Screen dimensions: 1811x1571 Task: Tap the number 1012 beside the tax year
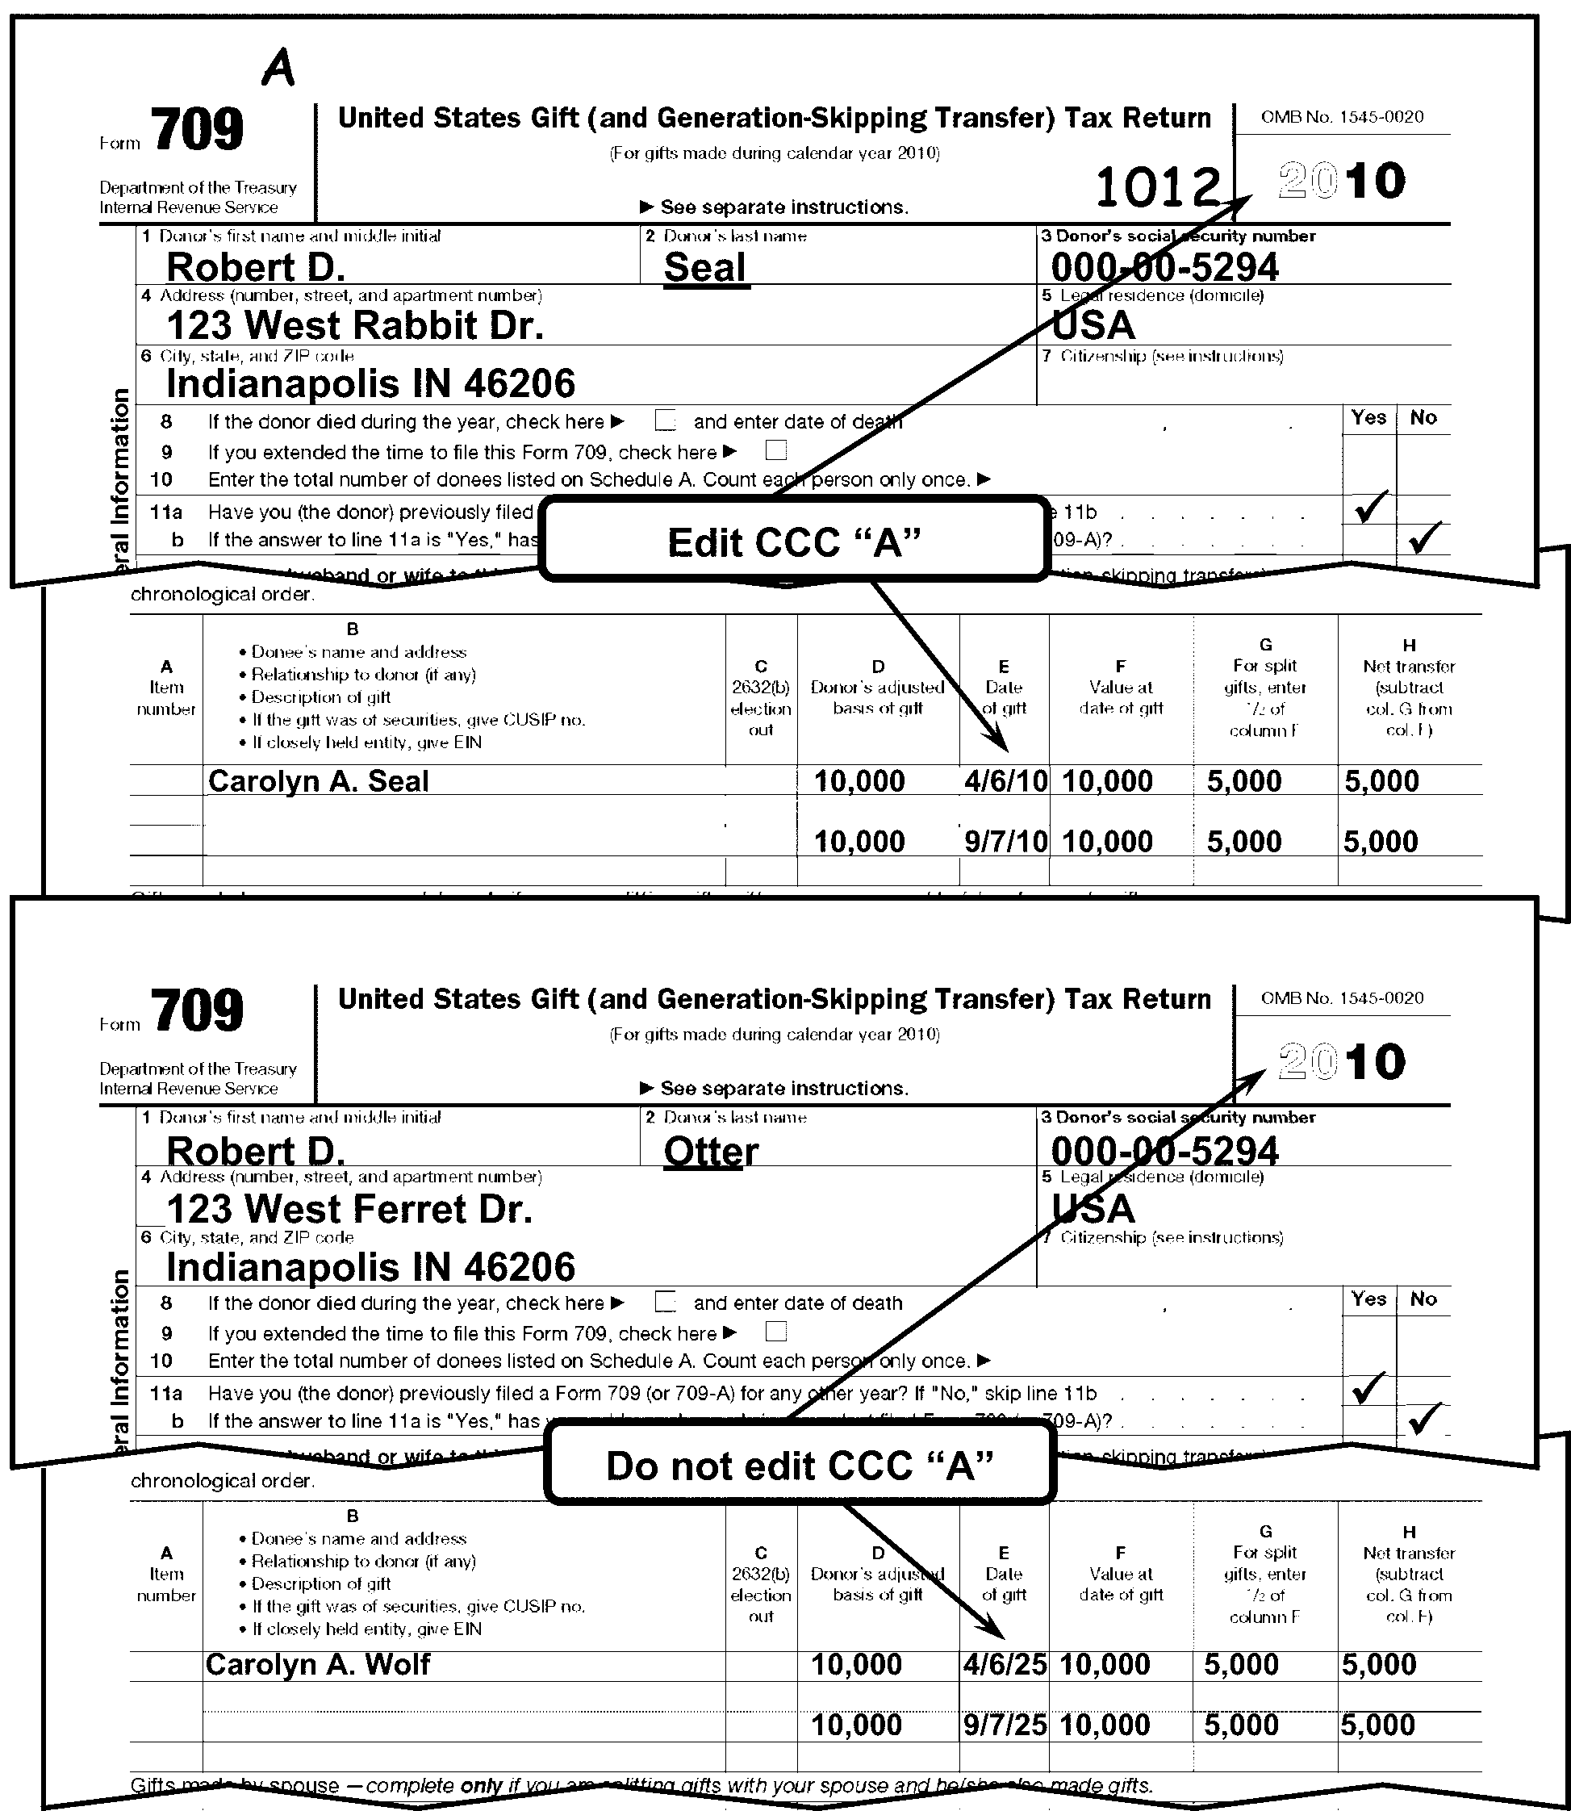click(x=1158, y=188)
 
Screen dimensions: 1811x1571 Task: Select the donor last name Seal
click(x=705, y=267)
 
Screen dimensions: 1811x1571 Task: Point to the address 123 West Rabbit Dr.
click(x=354, y=325)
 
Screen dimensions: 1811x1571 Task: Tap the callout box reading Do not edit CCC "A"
click(x=799, y=1466)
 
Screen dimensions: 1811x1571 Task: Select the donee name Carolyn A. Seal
click(x=318, y=780)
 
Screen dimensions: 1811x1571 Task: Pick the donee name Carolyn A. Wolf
click(x=317, y=1663)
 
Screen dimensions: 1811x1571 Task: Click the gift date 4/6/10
click(x=1005, y=780)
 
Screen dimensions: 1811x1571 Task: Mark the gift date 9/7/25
click(x=1005, y=1724)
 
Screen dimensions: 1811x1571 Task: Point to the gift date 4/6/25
click(x=1005, y=1663)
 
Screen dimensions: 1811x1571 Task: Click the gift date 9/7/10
click(x=1005, y=842)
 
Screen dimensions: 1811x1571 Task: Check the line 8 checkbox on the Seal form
click(x=666, y=422)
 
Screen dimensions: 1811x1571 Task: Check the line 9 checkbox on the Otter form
click(x=776, y=1332)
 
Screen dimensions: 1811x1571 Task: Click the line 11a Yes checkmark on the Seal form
click(x=1370, y=507)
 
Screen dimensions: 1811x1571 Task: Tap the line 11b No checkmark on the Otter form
click(x=1425, y=1417)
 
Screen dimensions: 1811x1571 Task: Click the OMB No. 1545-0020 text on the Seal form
click(x=1341, y=117)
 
